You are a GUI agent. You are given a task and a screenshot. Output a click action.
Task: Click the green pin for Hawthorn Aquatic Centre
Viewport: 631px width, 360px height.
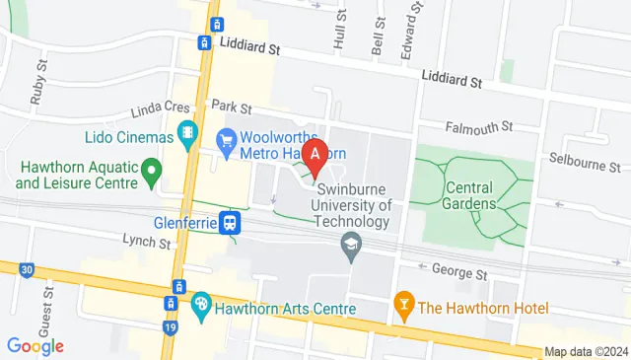coord(151,174)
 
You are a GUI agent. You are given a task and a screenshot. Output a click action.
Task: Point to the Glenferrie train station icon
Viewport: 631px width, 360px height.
coord(231,222)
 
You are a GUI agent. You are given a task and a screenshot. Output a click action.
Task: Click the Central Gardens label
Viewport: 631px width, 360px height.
coord(469,195)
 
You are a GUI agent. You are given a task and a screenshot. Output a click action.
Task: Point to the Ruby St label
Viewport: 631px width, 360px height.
coord(37,90)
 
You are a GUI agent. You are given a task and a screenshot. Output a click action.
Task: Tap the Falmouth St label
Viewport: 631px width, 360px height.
coord(479,126)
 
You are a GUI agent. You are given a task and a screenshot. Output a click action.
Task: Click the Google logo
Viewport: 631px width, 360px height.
coord(35,345)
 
